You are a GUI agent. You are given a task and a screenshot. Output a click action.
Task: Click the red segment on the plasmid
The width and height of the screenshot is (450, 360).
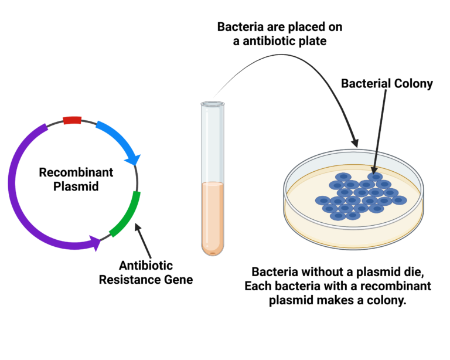click(72, 120)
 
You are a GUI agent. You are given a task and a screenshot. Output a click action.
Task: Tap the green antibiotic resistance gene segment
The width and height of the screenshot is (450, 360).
click(126, 214)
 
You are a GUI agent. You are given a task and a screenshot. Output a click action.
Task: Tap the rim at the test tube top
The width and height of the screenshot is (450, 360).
click(212, 104)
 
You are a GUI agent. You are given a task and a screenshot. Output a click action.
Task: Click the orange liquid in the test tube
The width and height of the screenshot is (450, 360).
click(212, 217)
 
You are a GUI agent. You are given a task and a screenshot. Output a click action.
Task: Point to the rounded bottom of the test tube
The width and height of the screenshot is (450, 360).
click(212, 250)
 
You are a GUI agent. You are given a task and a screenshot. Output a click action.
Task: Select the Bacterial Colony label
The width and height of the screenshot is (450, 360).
click(387, 84)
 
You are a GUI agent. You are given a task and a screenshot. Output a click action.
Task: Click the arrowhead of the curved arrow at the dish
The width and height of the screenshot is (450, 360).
click(354, 142)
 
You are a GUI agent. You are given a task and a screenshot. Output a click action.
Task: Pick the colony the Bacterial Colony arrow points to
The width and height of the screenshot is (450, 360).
click(375, 176)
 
